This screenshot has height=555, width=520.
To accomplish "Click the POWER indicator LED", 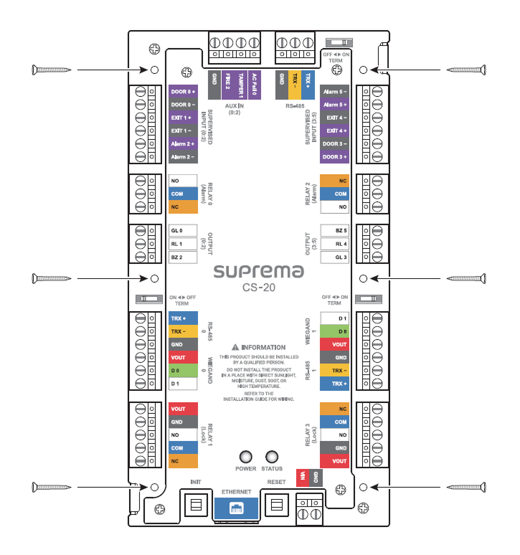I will tap(246, 457).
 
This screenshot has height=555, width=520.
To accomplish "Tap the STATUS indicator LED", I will tap(272, 457).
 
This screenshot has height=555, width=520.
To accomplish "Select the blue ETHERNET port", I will tap(235, 508).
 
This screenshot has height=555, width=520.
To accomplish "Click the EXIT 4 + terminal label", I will tap(335, 131).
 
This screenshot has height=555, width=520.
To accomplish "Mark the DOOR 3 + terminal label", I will tap(335, 157).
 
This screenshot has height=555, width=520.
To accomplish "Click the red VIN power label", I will tap(303, 476).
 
